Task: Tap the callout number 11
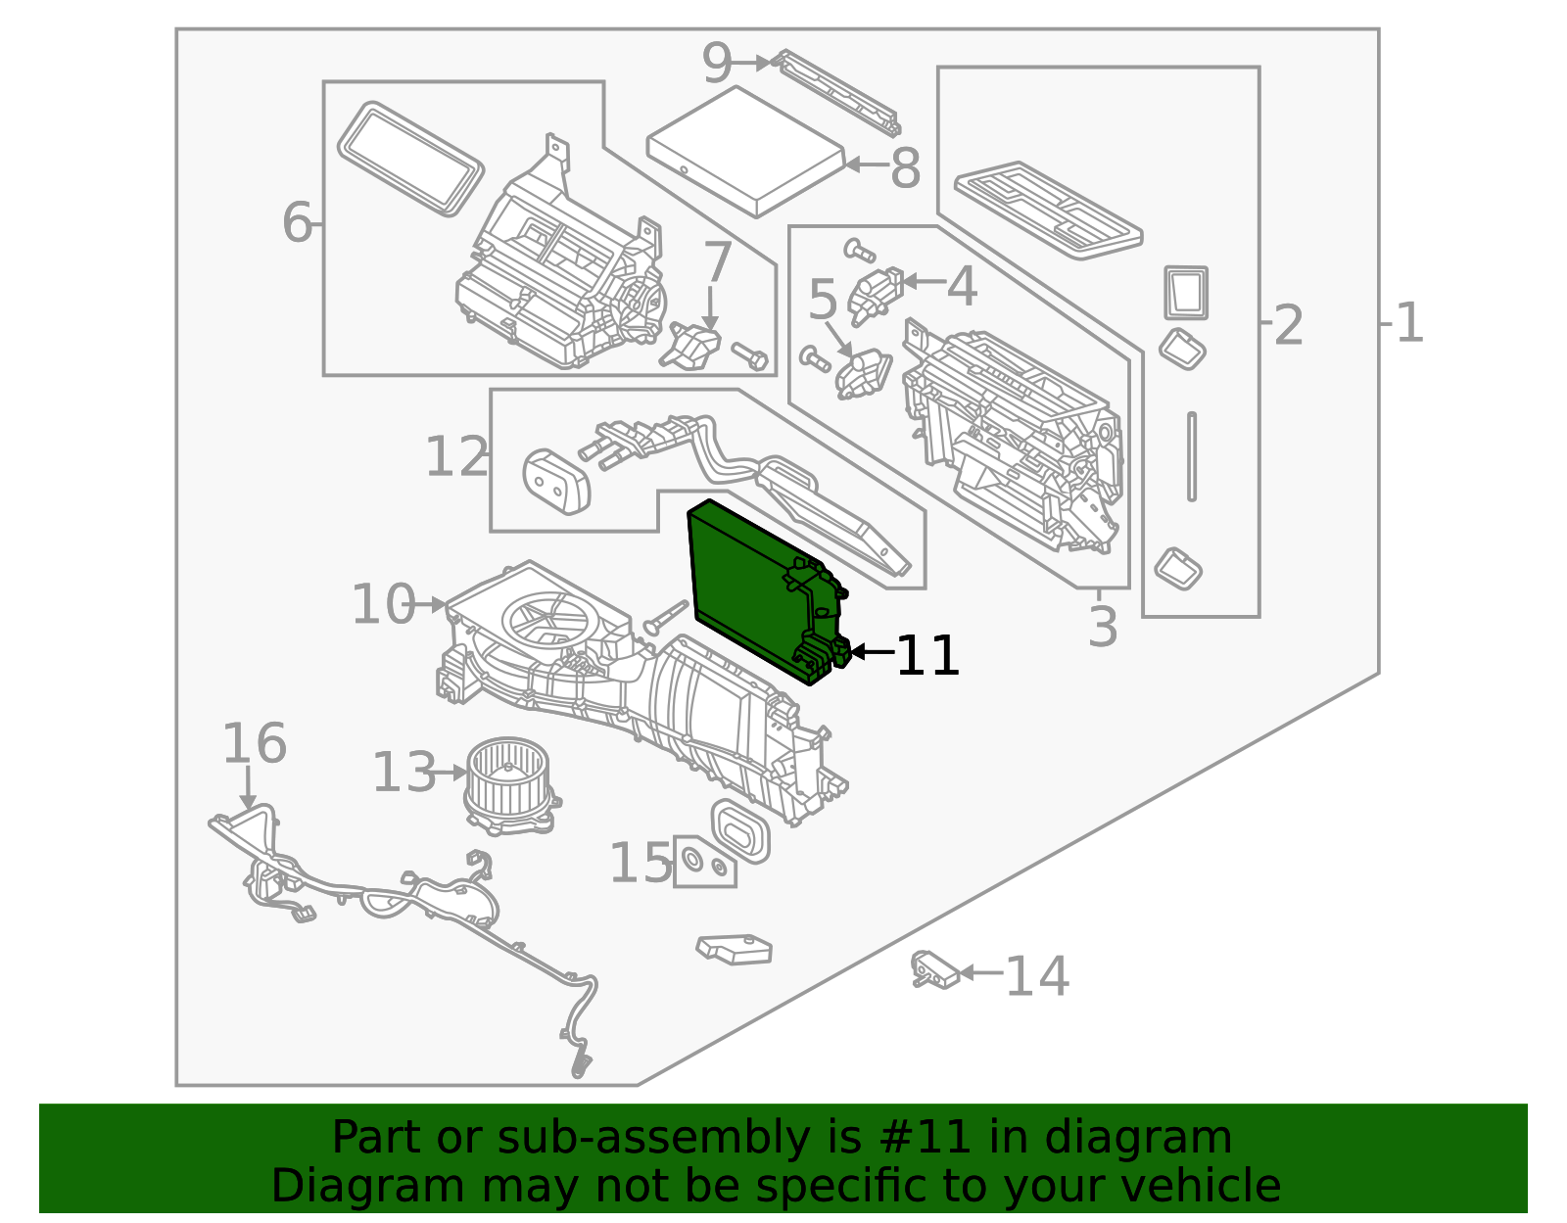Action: pyautogui.click(x=927, y=655)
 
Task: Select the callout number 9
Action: pyautogui.click(x=717, y=65)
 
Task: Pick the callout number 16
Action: pyautogui.click(x=254, y=743)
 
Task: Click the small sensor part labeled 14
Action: pyautogui.click(x=933, y=970)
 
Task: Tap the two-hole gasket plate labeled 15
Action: pyautogui.click(x=704, y=863)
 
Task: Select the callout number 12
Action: pyautogui.click(x=455, y=456)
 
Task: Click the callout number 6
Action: pyautogui.click(x=296, y=222)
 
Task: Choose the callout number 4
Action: pyautogui.click(x=962, y=286)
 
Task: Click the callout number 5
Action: pyautogui.click(x=823, y=300)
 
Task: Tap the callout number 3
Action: pyautogui.click(x=1103, y=627)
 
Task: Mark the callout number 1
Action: pyautogui.click(x=1409, y=323)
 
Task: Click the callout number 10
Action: pyautogui.click(x=383, y=603)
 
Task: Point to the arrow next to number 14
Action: pyautogui.click(x=980, y=972)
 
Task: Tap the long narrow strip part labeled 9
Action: pyautogui.click(x=838, y=94)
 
